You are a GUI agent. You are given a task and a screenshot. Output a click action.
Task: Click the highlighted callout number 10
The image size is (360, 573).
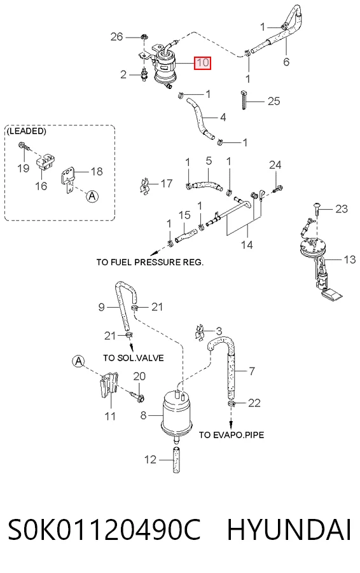click(x=202, y=63)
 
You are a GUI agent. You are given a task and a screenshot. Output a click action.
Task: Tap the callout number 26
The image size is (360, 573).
click(x=116, y=36)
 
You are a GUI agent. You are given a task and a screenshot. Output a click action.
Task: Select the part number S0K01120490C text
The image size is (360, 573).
click(x=104, y=530)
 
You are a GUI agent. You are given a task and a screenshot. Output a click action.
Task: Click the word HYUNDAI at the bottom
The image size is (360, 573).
click(x=289, y=530)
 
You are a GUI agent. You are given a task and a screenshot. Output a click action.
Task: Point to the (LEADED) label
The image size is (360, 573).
click(x=26, y=131)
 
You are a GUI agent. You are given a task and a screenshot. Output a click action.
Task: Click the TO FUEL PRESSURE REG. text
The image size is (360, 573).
click(x=150, y=262)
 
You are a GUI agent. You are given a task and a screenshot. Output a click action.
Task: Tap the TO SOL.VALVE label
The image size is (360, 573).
click(x=133, y=358)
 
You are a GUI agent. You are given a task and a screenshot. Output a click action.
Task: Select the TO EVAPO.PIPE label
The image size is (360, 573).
click(x=232, y=435)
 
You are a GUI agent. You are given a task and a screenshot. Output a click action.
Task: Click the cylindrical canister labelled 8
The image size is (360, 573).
click(x=177, y=413)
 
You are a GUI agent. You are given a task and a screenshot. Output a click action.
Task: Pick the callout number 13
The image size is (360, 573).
click(x=350, y=259)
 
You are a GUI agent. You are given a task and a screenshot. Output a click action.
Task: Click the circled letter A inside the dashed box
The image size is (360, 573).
click(x=92, y=197)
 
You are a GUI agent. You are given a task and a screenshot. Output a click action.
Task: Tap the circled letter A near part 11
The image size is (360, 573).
click(x=78, y=362)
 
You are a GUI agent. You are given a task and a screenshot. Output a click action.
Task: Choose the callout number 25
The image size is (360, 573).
click(x=273, y=101)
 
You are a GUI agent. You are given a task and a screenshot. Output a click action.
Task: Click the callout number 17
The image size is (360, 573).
click(x=166, y=183)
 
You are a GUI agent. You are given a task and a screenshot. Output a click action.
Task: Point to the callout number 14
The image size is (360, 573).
click(x=247, y=244)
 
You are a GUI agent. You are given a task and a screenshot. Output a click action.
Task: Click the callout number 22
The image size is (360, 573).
click(x=254, y=403)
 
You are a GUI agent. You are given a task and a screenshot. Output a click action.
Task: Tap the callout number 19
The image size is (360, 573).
click(x=24, y=168)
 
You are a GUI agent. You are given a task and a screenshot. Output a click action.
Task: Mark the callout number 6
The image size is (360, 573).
click(x=286, y=62)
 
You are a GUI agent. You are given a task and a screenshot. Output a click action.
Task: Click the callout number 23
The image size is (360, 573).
click(x=342, y=209)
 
